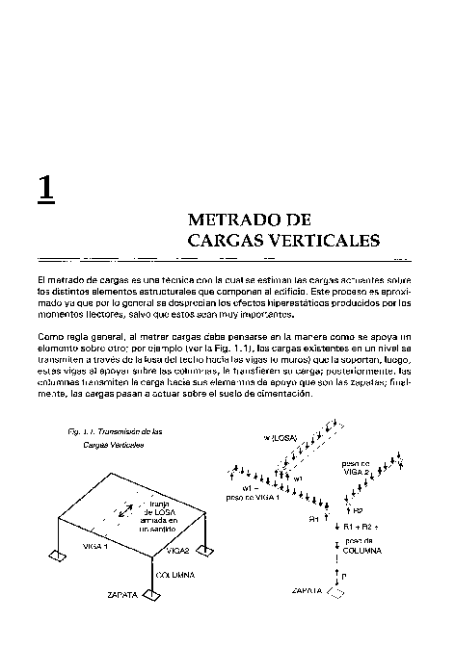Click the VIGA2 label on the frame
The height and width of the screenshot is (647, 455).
coord(177,551)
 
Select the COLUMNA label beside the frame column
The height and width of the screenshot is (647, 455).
coord(175,575)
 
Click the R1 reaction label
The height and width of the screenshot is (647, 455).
coord(313,519)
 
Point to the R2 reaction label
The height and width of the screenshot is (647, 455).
coord(358,509)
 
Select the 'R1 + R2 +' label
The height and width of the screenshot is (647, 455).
coord(363,528)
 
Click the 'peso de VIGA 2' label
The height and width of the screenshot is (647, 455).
coord(361,469)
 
